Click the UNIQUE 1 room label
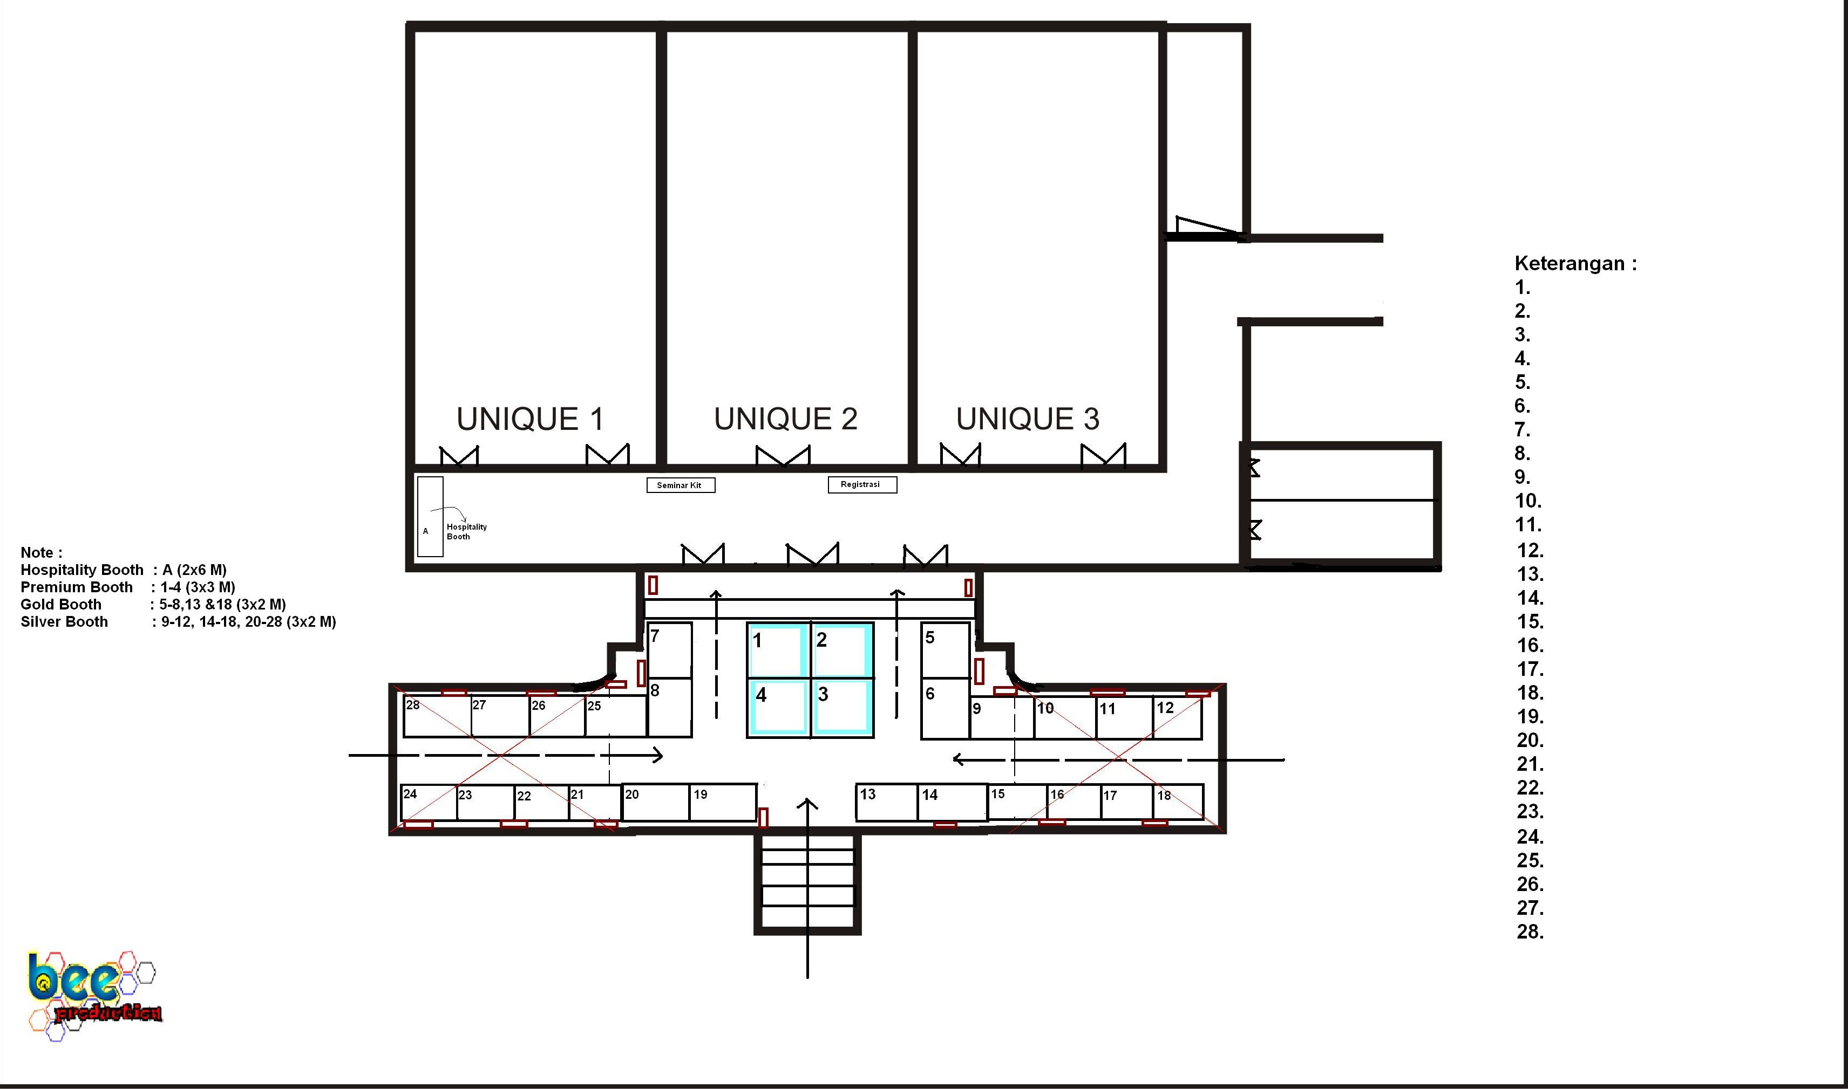530,419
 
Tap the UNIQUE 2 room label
786,419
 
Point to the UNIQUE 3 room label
1028,419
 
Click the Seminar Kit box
681,485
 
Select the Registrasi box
862,484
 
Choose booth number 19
723,803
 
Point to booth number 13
887,803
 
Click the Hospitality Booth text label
466,531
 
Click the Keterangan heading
1575,263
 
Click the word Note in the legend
37,552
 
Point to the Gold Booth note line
153,605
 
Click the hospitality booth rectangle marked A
430,517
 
